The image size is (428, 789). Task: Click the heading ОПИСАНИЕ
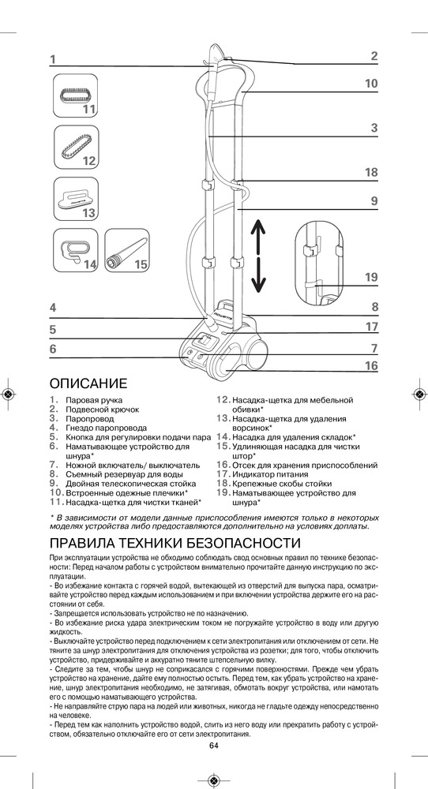(88, 383)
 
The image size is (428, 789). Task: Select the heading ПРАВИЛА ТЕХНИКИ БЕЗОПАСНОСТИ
(175, 544)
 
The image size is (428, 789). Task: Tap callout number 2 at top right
(374, 56)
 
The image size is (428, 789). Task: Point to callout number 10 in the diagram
(371, 84)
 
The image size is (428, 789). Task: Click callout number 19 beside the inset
(371, 277)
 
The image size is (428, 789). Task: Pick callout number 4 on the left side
(53, 308)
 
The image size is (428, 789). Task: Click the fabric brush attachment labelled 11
(76, 95)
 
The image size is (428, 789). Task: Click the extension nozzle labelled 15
(127, 249)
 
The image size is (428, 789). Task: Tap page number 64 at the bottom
(213, 746)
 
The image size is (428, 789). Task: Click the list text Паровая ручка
(94, 401)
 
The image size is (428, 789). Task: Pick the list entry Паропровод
(90, 419)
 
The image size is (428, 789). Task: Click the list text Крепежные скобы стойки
(282, 484)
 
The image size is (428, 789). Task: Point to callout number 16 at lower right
(371, 366)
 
